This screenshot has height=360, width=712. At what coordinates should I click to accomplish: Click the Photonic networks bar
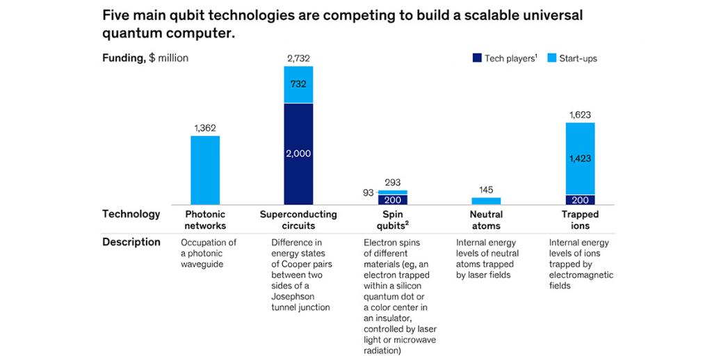(205, 170)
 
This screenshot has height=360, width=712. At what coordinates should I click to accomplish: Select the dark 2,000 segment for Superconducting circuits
(298, 154)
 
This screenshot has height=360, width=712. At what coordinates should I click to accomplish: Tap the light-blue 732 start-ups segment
(298, 84)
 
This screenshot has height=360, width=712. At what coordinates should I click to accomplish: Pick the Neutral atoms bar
(485, 201)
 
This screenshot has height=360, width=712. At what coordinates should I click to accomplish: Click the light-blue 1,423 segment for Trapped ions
(580, 158)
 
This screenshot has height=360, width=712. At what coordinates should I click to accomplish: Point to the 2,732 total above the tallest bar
(298, 59)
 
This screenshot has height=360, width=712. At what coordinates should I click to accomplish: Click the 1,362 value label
(205, 129)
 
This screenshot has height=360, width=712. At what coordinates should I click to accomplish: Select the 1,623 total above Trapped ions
(580, 115)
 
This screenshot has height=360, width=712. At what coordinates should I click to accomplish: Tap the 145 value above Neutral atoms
(485, 190)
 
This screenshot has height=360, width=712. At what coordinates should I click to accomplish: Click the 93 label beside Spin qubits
(368, 193)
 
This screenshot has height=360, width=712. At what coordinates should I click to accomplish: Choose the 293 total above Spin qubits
(393, 183)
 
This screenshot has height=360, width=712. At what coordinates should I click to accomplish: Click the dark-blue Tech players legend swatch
(476, 58)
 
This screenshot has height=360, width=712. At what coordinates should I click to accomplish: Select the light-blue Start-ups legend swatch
(554, 58)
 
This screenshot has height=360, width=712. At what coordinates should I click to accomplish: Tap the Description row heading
(131, 243)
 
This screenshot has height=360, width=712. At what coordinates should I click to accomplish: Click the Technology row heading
(131, 214)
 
